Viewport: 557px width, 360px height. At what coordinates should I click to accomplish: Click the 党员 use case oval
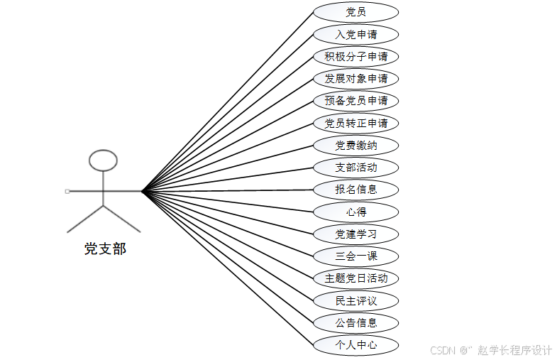[x=355, y=12]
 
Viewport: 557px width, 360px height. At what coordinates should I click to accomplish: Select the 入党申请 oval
[x=355, y=34]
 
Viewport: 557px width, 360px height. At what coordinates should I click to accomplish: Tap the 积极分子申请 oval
[x=355, y=57]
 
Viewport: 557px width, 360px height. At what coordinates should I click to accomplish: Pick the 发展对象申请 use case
[x=355, y=79]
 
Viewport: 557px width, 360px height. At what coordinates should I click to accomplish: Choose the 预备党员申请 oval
[x=355, y=101]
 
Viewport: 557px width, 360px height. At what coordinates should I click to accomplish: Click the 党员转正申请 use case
[x=355, y=124]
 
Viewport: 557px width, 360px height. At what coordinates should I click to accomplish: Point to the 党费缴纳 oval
[x=355, y=146]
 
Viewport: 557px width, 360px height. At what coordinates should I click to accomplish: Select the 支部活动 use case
[x=355, y=168]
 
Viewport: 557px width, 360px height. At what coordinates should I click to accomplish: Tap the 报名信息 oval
[x=355, y=190]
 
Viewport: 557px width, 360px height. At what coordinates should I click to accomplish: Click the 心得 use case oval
[x=355, y=212]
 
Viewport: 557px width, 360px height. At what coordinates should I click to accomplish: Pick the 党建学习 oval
[x=355, y=234]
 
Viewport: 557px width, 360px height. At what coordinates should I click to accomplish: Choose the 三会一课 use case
[x=355, y=256]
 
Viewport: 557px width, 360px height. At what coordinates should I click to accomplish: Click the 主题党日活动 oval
[x=355, y=278]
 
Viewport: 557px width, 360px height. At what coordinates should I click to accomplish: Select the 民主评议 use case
[x=355, y=301]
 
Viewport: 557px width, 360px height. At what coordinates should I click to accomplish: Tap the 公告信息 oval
[x=355, y=323]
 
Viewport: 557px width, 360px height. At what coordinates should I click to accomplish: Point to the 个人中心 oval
[x=355, y=346]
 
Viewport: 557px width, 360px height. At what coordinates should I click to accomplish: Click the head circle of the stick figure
[x=104, y=160]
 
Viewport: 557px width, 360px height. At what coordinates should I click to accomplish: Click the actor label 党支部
[x=105, y=249]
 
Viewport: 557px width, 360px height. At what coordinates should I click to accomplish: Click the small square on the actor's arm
[x=67, y=191]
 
